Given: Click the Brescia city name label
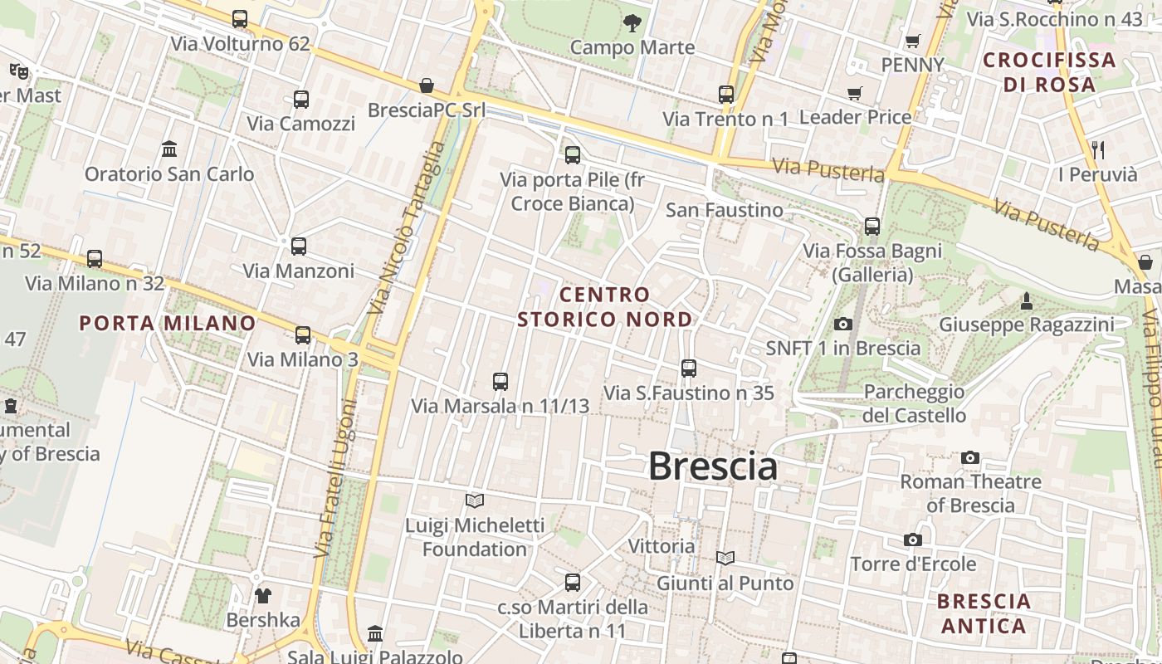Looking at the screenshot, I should (x=712, y=466).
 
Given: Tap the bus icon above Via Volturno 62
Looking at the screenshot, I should (x=240, y=18).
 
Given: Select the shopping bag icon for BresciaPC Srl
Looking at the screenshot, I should (x=426, y=85).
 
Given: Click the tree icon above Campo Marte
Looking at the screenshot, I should (x=632, y=23).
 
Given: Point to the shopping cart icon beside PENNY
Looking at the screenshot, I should (x=913, y=41).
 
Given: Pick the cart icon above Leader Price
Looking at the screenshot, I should (x=855, y=93).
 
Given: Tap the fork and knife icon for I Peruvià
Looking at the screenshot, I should (x=1098, y=150).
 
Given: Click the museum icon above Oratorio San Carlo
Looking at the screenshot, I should (x=169, y=149).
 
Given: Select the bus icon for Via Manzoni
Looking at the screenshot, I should (x=299, y=247).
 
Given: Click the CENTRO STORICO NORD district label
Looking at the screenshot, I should (x=604, y=307).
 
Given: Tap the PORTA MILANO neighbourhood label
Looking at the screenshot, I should (x=168, y=324).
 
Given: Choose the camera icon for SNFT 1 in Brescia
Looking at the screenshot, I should (x=843, y=324).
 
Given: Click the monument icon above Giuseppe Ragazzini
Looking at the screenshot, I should (x=1027, y=300).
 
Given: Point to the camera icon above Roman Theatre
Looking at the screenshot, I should (x=970, y=457).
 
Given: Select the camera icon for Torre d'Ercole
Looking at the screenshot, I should (x=913, y=540).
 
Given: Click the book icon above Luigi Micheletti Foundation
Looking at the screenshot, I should (x=475, y=500).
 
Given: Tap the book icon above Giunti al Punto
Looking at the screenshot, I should (x=725, y=559).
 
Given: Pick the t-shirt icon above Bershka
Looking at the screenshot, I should (x=263, y=596).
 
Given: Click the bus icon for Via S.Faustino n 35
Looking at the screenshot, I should (x=688, y=368).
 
